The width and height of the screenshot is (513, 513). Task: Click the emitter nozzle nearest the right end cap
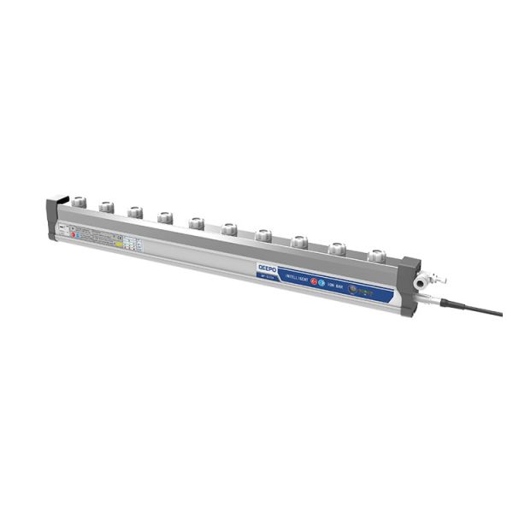(374, 254)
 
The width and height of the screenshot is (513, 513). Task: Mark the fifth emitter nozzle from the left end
(196, 222)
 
